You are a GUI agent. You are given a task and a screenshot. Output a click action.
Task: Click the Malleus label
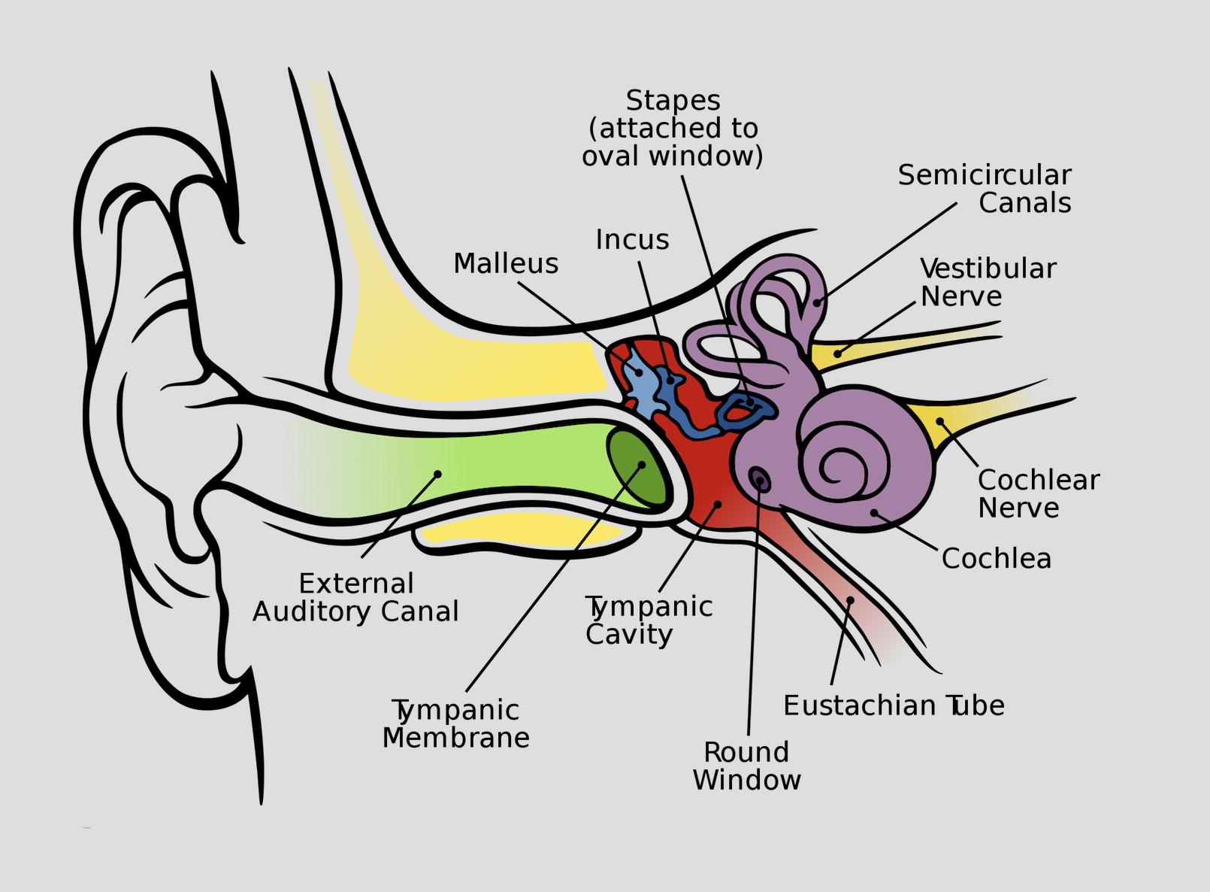[x=506, y=264]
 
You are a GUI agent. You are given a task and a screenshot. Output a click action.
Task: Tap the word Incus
[x=632, y=239]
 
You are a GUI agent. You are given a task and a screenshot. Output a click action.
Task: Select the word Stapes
[x=673, y=101]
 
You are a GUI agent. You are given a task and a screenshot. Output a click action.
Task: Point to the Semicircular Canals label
[x=985, y=189]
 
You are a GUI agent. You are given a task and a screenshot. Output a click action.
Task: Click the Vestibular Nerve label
[x=988, y=282]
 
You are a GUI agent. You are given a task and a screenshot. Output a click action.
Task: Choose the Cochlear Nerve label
[x=1038, y=493]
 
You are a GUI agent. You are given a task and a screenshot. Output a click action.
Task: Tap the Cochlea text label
[x=996, y=559]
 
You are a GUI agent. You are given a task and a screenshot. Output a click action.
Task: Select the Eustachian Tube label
[x=894, y=705]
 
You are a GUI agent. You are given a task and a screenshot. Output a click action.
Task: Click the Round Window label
[x=746, y=766]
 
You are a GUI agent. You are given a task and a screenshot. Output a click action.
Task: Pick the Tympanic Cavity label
[x=649, y=620]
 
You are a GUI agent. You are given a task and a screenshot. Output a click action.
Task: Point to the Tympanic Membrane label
[x=455, y=724]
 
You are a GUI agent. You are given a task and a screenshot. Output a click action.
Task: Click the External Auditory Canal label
[x=355, y=598]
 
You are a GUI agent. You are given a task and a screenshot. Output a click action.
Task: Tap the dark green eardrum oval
[x=637, y=468]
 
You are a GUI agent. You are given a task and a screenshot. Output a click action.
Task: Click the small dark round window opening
[x=759, y=478]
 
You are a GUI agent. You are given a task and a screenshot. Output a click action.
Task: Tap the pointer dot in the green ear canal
[x=437, y=474]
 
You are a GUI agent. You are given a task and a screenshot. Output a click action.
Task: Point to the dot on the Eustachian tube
[x=850, y=600]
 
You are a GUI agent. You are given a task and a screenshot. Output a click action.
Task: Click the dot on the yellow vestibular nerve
[x=837, y=354]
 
